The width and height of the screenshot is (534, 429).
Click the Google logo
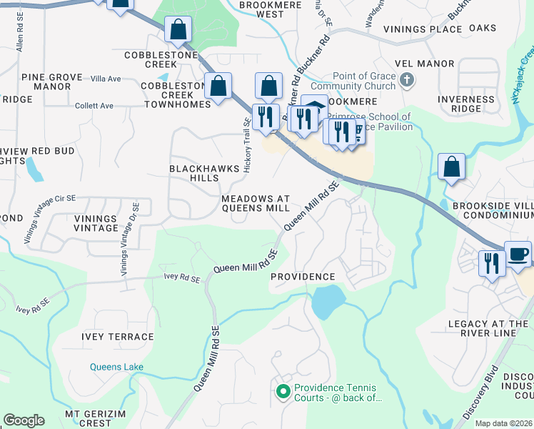(24, 420)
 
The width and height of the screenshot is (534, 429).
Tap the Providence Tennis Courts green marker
(283, 391)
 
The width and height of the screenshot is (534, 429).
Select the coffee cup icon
(518, 255)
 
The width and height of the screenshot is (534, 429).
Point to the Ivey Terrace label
(118, 337)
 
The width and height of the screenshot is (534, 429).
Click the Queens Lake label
(116, 367)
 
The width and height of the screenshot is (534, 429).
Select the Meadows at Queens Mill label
(255, 203)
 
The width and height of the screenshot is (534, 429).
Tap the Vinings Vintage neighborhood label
(95, 223)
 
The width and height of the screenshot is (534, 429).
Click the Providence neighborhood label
(303, 277)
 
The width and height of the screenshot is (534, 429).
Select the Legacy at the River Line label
(488, 329)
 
